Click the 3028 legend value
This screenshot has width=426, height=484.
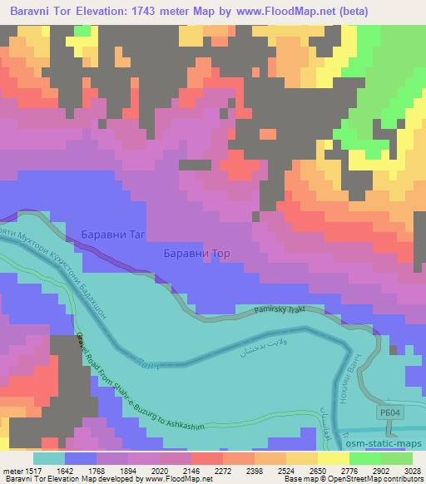412,470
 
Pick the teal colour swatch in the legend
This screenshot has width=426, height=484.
48,458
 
